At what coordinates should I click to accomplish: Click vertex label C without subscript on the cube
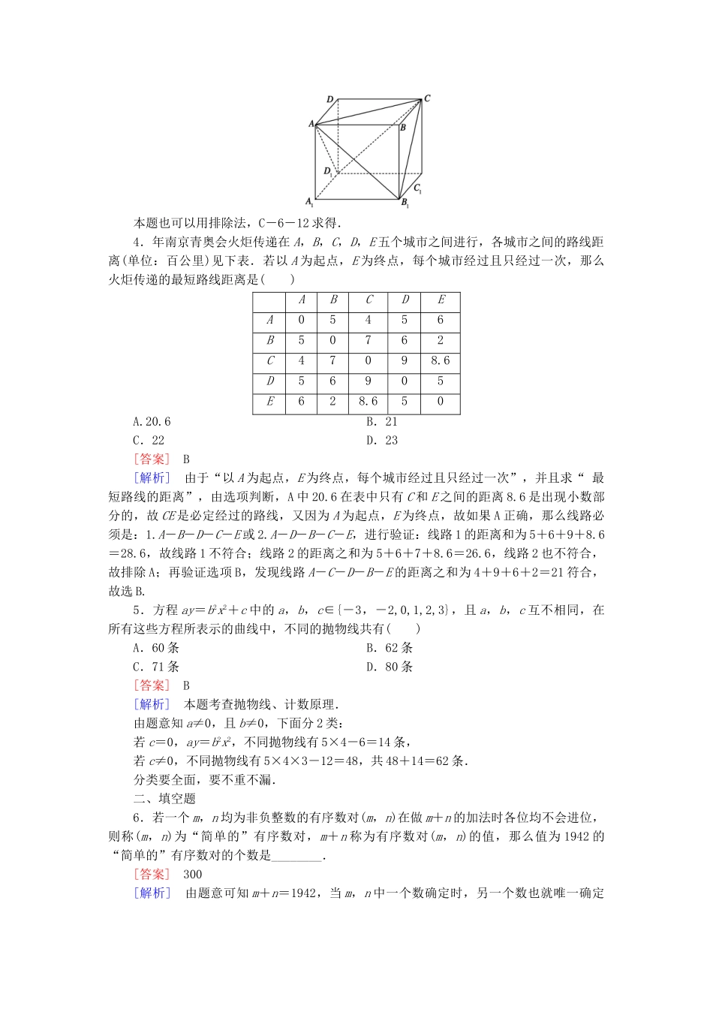point(427,98)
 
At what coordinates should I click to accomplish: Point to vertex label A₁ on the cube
point(309,201)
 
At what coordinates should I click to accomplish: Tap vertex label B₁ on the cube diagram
point(405,203)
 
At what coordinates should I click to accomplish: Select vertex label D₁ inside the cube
point(328,172)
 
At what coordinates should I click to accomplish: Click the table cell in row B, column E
point(441,340)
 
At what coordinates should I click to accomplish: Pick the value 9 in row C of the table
point(405,360)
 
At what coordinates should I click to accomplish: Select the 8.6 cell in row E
point(369,402)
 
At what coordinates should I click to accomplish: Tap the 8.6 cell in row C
point(441,360)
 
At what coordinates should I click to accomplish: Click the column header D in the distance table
point(405,300)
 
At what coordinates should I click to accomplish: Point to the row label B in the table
point(270,340)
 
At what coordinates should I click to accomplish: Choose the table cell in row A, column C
point(369,320)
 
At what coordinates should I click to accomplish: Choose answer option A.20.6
point(152,422)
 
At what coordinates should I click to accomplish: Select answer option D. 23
point(382,441)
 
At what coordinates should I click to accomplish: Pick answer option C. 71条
point(156,667)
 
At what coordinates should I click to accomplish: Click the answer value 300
point(193,874)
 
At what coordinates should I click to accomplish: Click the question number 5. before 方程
point(137,610)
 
